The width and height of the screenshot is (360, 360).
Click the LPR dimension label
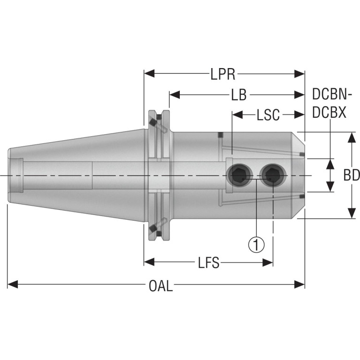click(222, 74)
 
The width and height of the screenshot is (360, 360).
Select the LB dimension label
click(239, 95)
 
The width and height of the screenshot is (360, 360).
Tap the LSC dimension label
click(268, 115)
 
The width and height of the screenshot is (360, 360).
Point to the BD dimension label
click(352, 176)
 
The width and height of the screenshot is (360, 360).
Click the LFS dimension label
click(209, 262)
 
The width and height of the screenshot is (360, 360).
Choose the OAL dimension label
click(161, 286)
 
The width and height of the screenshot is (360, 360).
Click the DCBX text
click(329, 113)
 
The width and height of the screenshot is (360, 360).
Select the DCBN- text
click(332, 94)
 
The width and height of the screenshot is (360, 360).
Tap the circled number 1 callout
click(256, 245)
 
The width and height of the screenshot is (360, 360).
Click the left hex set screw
click(239, 176)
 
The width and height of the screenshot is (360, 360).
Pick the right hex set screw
click(273, 176)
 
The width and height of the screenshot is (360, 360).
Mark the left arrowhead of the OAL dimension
click(13, 284)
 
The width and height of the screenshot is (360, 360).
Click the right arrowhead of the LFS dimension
click(268, 262)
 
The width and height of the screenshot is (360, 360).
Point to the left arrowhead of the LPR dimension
click(149, 74)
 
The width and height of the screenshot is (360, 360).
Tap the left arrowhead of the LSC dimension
click(237, 115)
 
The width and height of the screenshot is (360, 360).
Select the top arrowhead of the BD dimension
click(352, 138)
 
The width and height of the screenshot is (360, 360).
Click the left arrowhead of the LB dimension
click(175, 94)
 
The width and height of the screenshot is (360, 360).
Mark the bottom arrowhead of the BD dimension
click(352, 213)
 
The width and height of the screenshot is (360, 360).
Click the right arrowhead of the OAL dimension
click(299, 284)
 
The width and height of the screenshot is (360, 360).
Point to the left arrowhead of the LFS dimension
click(149, 262)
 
